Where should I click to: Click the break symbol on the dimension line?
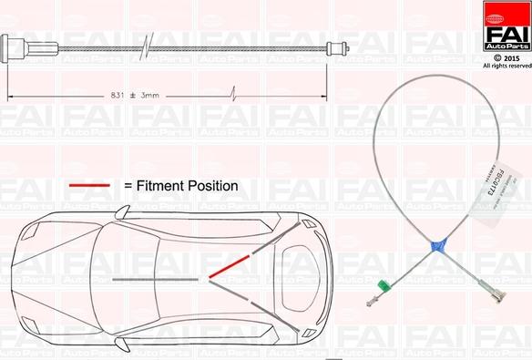point(235,94)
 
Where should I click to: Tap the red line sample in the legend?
point(89,186)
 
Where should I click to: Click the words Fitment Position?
point(187,186)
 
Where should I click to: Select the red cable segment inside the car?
point(229,265)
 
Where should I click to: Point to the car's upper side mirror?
point(123,210)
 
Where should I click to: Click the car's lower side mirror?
point(122,345)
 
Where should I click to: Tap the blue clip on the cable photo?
point(439,244)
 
